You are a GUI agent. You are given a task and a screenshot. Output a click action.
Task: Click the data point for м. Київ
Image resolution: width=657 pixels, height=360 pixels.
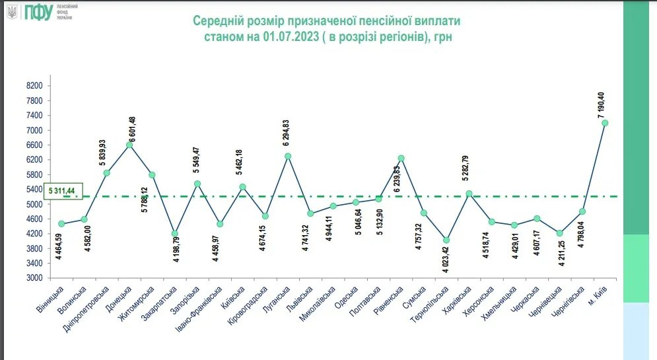click(x=604, y=123)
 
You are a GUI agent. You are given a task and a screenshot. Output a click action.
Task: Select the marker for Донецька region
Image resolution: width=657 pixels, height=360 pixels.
click(x=129, y=145)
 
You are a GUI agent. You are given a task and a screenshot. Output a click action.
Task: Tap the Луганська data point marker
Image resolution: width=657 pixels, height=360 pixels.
click(x=288, y=156)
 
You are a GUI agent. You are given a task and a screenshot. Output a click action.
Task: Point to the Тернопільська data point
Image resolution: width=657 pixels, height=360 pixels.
click(x=446, y=240)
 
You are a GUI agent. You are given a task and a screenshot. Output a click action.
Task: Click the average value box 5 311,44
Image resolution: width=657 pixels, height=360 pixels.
click(x=62, y=190)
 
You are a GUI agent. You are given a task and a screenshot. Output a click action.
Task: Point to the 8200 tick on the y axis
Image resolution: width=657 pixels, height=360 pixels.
click(x=34, y=86)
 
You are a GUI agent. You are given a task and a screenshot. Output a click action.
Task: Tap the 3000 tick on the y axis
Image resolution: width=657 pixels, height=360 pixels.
click(x=34, y=278)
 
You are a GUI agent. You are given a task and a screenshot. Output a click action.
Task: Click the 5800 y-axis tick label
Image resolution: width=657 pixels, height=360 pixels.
click(x=34, y=174)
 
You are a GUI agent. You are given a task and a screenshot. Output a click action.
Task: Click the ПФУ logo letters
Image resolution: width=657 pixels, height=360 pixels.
click(x=38, y=12)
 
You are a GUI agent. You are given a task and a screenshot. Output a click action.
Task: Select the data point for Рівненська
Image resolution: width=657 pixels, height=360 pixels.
click(x=401, y=158)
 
